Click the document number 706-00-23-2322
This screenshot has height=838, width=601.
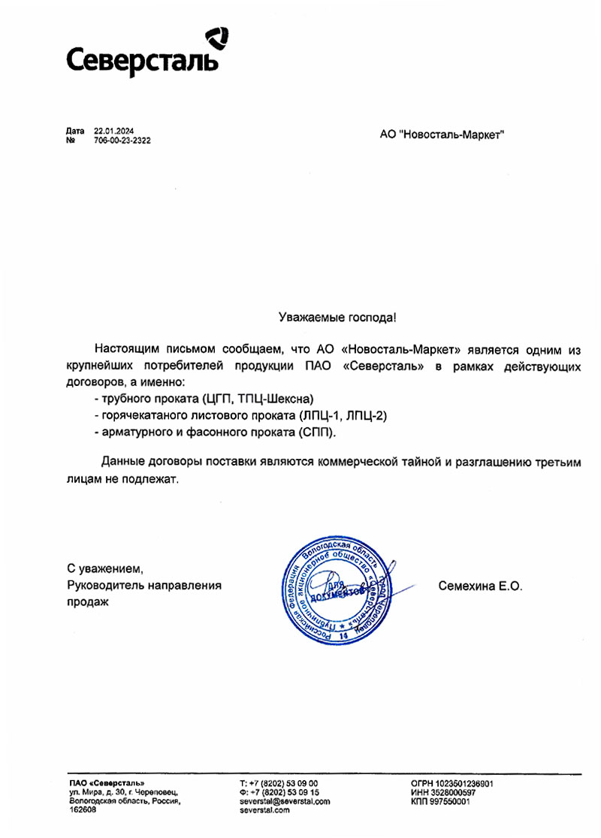point(122,140)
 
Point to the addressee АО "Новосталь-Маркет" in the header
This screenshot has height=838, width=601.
point(442,134)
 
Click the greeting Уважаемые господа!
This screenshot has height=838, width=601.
point(337,318)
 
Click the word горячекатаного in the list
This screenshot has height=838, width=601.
point(136,416)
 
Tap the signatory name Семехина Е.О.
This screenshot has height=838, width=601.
point(479,585)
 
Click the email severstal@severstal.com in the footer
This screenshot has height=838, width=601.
point(284,802)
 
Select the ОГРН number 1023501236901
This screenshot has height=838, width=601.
point(461,784)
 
